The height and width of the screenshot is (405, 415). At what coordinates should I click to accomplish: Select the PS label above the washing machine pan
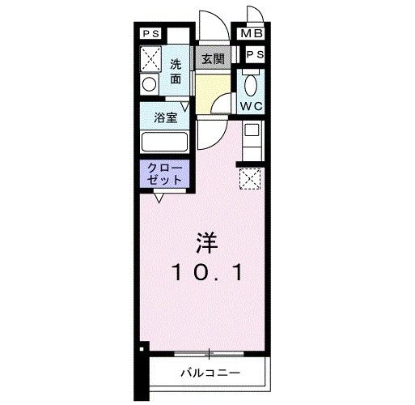coord(151,35)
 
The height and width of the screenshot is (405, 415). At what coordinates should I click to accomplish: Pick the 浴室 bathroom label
coord(166,117)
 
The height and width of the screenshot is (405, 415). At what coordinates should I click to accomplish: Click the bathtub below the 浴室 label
coord(165,142)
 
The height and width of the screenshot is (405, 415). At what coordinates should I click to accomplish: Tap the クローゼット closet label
coord(165,173)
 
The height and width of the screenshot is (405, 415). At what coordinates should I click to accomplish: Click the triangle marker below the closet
coord(159,197)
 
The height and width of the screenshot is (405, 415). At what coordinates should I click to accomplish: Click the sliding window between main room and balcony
coord(208,354)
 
